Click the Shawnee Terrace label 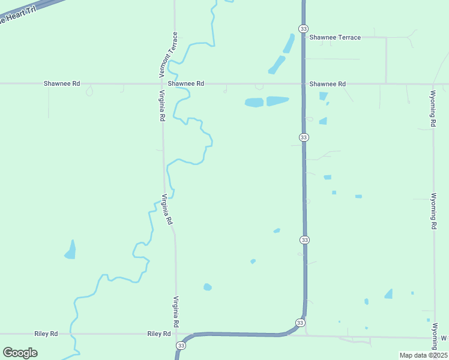point(335,37)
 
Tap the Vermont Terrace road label point(167,55)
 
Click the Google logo point(20,353)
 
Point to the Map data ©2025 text point(423,355)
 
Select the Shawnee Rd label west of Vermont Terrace point(61,84)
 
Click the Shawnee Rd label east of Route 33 point(327,84)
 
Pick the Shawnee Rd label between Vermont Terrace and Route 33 point(186,84)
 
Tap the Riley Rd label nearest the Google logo point(46,334)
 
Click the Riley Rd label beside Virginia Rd point(159,334)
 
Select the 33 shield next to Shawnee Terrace point(304,28)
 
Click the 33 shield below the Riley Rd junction point(181,346)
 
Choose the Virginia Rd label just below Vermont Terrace point(162,106)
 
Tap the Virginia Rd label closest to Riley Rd point(176,311)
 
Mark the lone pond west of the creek point(71,250)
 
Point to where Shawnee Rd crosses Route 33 point(304,84)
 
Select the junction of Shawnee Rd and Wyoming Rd point(433,84)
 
